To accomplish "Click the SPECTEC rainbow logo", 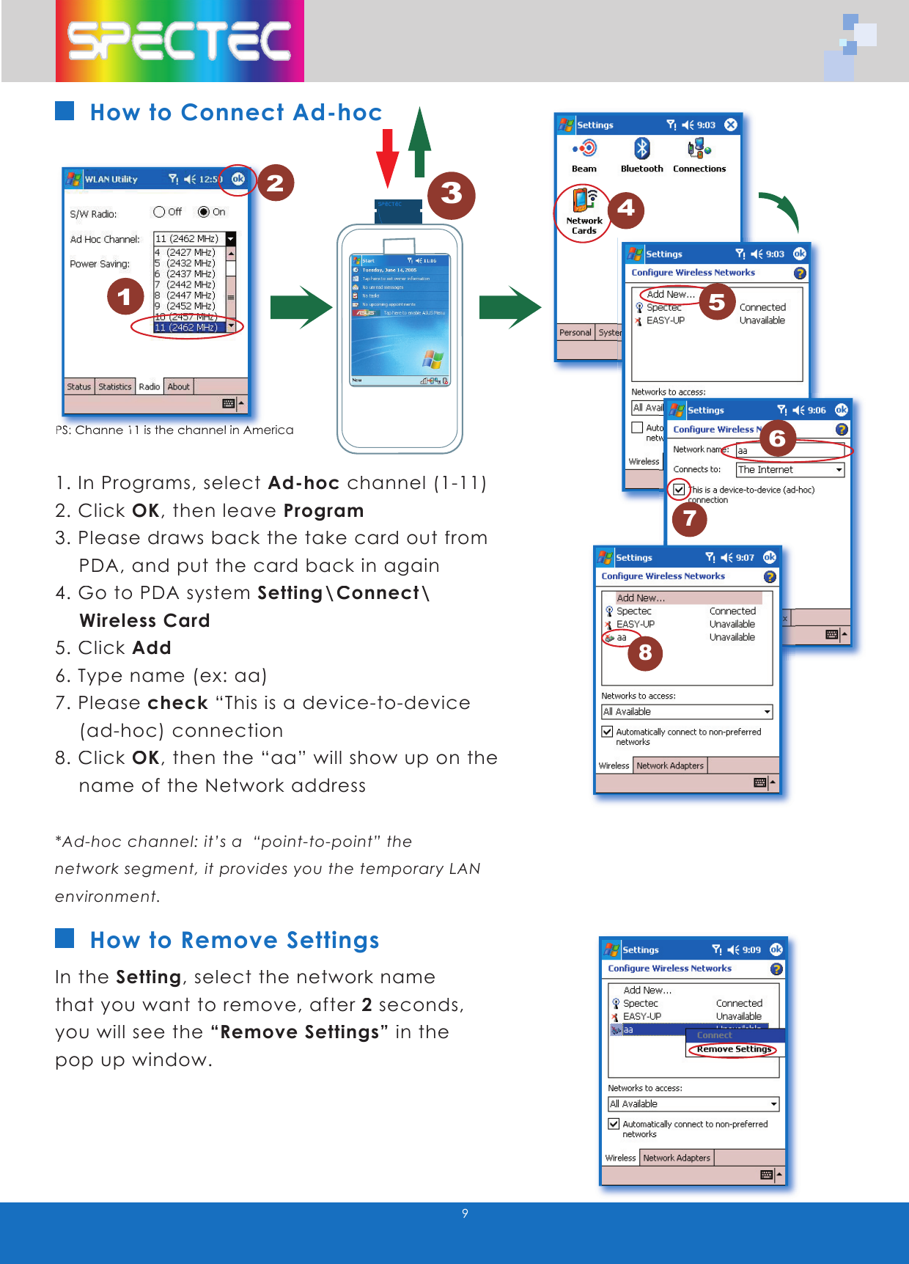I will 180,41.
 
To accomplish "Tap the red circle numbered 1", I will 125,296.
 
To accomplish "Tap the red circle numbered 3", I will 451,194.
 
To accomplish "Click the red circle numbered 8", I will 645,653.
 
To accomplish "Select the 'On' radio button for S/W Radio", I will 204,212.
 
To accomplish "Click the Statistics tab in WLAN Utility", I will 115,386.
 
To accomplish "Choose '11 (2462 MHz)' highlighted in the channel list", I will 186,327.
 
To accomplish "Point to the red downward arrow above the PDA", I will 388,158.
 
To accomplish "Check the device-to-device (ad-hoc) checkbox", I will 679,489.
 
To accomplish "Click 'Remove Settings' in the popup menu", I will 734,1049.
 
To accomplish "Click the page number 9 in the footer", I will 465,1213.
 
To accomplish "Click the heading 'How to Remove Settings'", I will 235,940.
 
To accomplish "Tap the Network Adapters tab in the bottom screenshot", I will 677,1158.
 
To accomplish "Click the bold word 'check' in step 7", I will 178,702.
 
